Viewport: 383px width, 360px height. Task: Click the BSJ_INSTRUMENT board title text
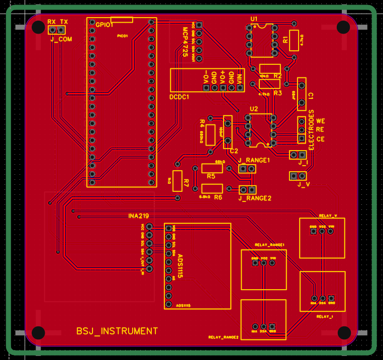(x=117, y=331)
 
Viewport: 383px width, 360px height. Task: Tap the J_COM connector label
(x=61, y=39)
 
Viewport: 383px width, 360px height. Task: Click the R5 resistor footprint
(x=212, y=168)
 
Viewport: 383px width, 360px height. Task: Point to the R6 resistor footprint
(x=212, y=189)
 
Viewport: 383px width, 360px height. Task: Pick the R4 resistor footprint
(x=211, y=135)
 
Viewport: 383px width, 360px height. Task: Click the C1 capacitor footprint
(x=302, y=94)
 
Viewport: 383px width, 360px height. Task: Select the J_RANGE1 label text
(x=254, y=160)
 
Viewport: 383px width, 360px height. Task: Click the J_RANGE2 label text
(x=255, y=198)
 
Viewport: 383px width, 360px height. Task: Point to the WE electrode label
(x=321, y=121)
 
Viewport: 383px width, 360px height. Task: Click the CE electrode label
(x=321, y=139)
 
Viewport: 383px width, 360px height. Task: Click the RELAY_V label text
(x=328, y=215)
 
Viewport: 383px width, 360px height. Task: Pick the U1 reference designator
(x=254, y=19)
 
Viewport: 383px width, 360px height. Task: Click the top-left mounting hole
(x=39, y=27)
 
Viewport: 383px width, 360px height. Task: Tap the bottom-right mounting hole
(x=344, y=332)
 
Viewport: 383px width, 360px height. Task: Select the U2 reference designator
(x=254, y=108)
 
